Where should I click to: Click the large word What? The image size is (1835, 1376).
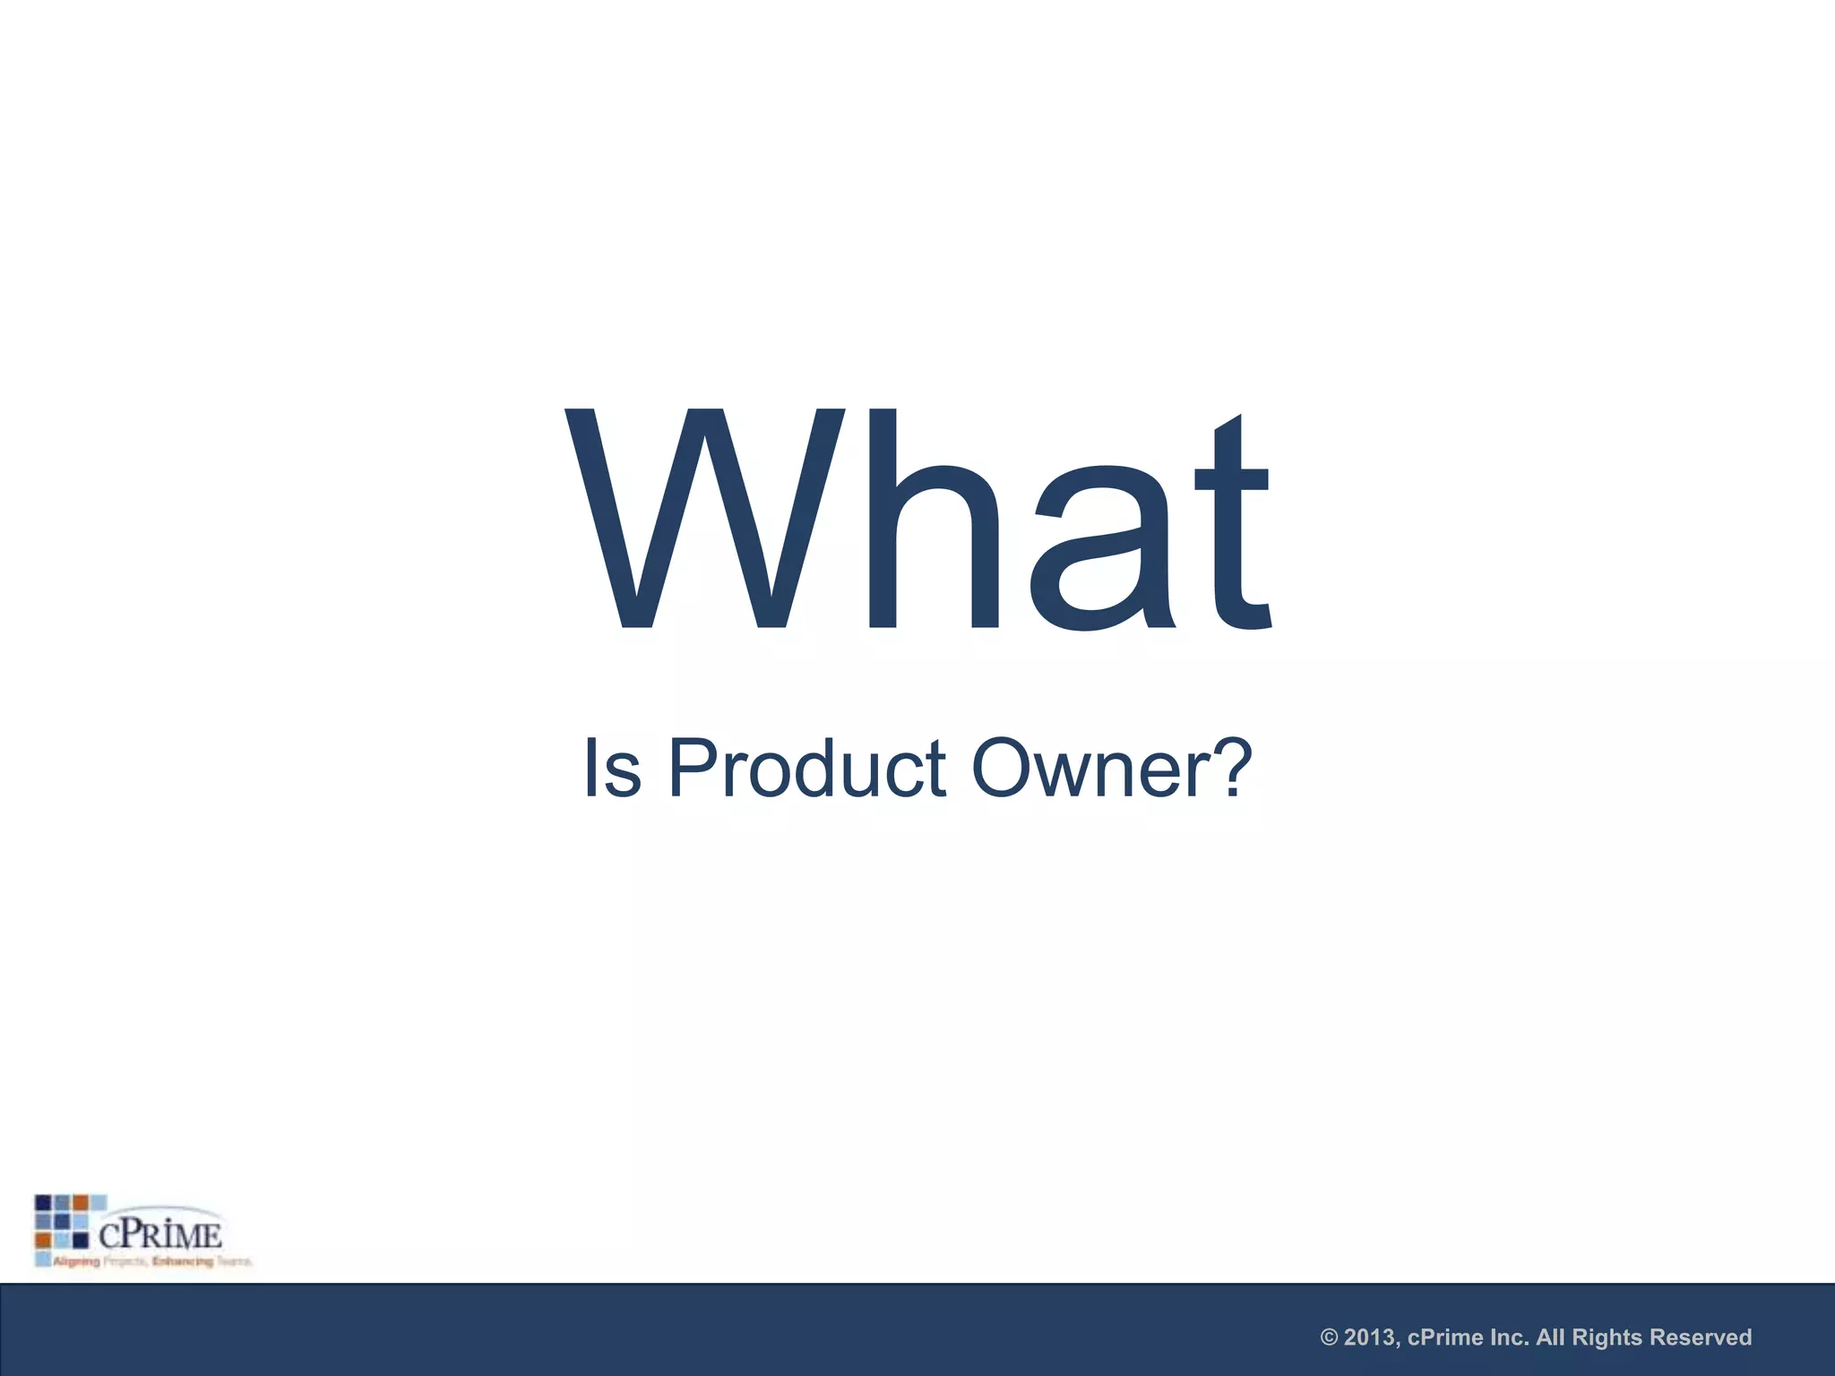917,520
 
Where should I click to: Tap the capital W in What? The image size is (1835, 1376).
704,520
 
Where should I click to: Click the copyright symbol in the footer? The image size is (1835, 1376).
1330,1337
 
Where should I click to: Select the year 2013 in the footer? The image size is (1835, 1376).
1371,1337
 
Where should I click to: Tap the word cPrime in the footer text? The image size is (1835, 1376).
1444,1337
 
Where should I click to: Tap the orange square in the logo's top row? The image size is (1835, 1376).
81,1202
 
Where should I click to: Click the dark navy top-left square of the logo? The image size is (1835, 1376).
43,1202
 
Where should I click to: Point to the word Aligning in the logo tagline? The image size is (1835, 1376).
76,1261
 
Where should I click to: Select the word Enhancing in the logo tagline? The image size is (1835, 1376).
183,1261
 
